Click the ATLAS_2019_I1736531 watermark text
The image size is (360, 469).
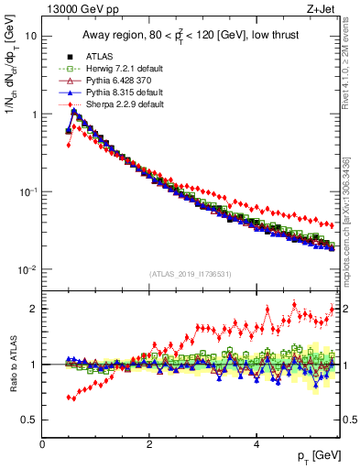coord(191,274)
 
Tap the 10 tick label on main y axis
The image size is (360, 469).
coord(31,37)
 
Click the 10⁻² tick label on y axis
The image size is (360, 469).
coord(28,269)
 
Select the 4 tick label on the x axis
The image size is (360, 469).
coord(256,444)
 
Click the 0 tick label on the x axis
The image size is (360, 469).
coord(42,444)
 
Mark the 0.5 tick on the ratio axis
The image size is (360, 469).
coord(29,420)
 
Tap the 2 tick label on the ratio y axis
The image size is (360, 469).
coord(33,309)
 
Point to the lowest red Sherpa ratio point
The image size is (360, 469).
coord(69,398)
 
